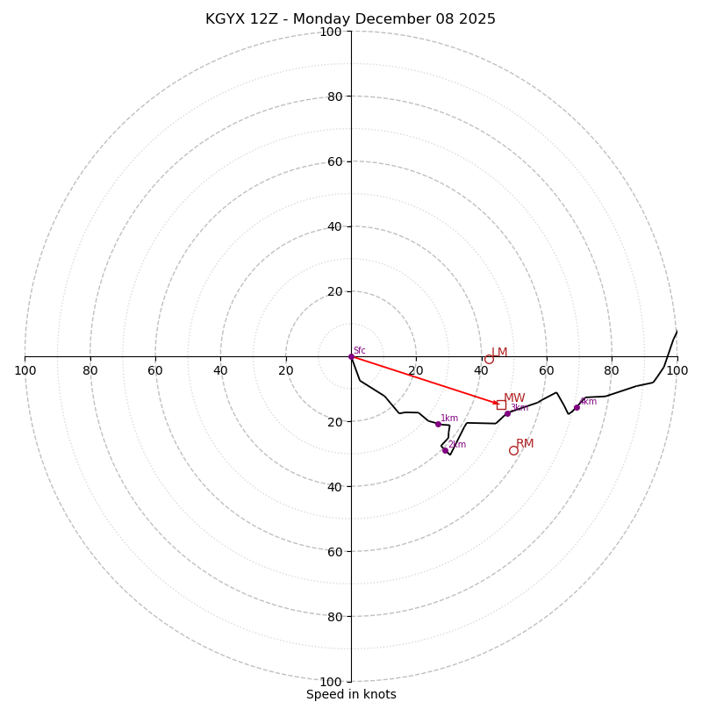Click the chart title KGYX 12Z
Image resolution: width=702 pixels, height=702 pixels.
pyautogui.click(x=350, y=19)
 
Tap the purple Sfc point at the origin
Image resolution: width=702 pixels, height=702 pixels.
pyautogui.click(x=351, y=356)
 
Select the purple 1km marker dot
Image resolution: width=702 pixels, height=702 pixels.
pyautogui.click(x=438, y=424)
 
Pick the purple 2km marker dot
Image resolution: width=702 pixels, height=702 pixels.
pyautogui.click(x=445, y=450)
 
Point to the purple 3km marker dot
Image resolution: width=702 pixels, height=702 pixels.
pyautogui.click(x=507, y=413)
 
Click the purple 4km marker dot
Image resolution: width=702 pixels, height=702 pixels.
pyautogui.click(x=577, y=407)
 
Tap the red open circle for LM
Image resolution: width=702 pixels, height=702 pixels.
pyautogui.click(x=489, y=359)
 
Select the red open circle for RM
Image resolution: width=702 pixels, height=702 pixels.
pyautogui.click(x=513, y=450)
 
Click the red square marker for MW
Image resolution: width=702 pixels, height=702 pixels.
pyautogui.click(x=501, y=405)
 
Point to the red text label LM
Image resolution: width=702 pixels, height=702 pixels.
pyautogui.click(x=499, y=352)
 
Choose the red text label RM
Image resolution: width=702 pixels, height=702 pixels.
pyautogui.click(x=525, y=443)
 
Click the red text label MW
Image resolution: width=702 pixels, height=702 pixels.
pyautogui.click(x=514, y=398)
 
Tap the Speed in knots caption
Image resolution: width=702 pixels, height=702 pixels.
pyautogui.click(x=351, y=694)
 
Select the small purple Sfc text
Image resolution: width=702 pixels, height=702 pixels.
pyautogui.click(x=360, y=350)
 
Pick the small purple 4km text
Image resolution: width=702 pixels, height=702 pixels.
pyautogui.click(x=588, y=401)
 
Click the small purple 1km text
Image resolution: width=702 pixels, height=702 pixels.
pyautogui.click(x=449, y=418)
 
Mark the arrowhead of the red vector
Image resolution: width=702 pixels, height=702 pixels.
pyautogui.click(x=496, y=403)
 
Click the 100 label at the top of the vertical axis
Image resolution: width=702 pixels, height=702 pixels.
pyautogui.click(x=331, y=32)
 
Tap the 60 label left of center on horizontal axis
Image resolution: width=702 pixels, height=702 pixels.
pyautogui.click(x=155, y=370)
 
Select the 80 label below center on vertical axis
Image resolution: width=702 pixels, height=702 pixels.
pyautogui.click(x=334, y=616)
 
